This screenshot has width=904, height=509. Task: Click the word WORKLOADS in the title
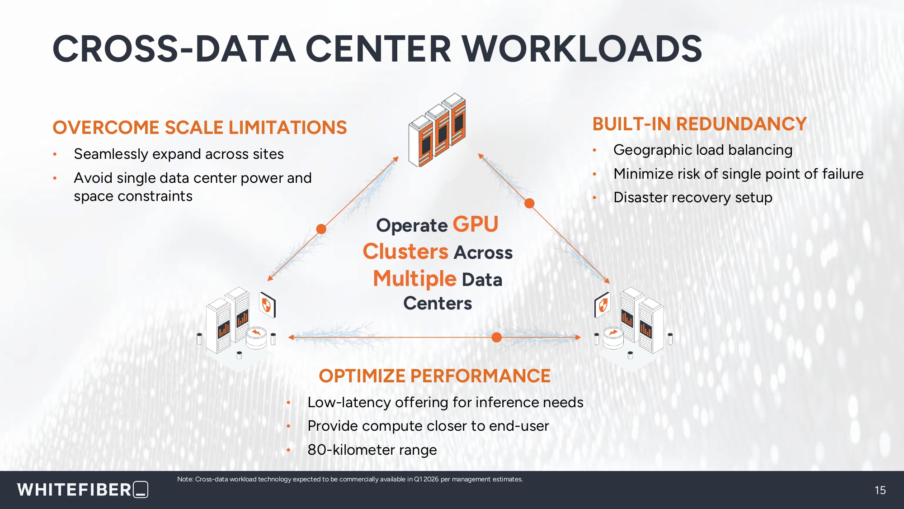click(x=582, y=49)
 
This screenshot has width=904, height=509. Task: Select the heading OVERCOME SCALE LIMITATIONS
click(x=200, y=128)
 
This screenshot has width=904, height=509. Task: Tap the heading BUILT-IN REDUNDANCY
click(x=700, y=124)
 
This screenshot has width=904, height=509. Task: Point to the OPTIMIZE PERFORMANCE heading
click(x=435, y=376)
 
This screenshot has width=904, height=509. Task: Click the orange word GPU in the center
click(x=476, y=224)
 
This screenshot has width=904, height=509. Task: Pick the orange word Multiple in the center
click(x=414, y=279)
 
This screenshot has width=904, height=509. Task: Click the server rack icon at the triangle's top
click(x=437, y=130)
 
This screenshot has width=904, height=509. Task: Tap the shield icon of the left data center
click(x=267, y=304)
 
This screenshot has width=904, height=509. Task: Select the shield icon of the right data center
click(x=603, y=304)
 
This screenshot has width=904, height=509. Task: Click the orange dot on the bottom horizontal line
click(x=496, y=337)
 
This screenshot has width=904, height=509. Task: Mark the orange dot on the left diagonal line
click(x=321, y=229)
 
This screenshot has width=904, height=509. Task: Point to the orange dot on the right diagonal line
click(x=529, y=203)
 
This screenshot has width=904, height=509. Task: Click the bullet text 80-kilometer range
click(x=372, y=450)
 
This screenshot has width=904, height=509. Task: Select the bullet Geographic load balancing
click(x=703, y=150)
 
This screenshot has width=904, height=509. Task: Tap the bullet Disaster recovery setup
click(x=693, y=198)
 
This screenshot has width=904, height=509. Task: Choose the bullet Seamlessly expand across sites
click(x=179, y=154)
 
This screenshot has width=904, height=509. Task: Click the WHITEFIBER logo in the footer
click(x=83, y=490)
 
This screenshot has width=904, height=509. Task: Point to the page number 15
click(x=880, y=490)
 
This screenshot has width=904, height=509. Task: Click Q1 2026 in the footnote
click(x=426, y=479)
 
